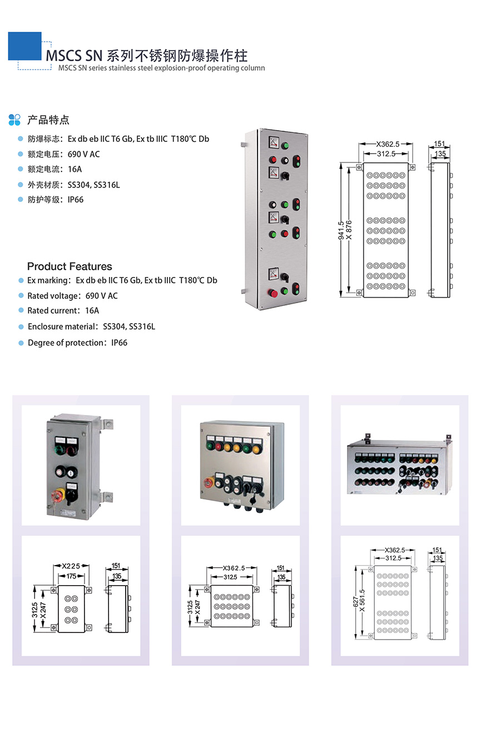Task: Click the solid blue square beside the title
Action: click(24, 46)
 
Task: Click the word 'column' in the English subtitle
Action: click(252, 68)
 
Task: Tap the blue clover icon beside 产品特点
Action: click(15, 120)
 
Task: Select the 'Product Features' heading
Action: click(70, 266)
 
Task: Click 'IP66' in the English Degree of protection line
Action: click(119, 343)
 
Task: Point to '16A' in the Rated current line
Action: click(92, 311)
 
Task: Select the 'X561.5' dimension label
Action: click(363, 601)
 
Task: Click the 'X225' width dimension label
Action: click(71, 567)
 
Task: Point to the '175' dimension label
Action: click(71, 576)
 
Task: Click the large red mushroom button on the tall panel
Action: click(273, 293)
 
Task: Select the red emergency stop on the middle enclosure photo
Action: click(210, 482)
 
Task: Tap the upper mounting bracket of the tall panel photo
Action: click(245, 145)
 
